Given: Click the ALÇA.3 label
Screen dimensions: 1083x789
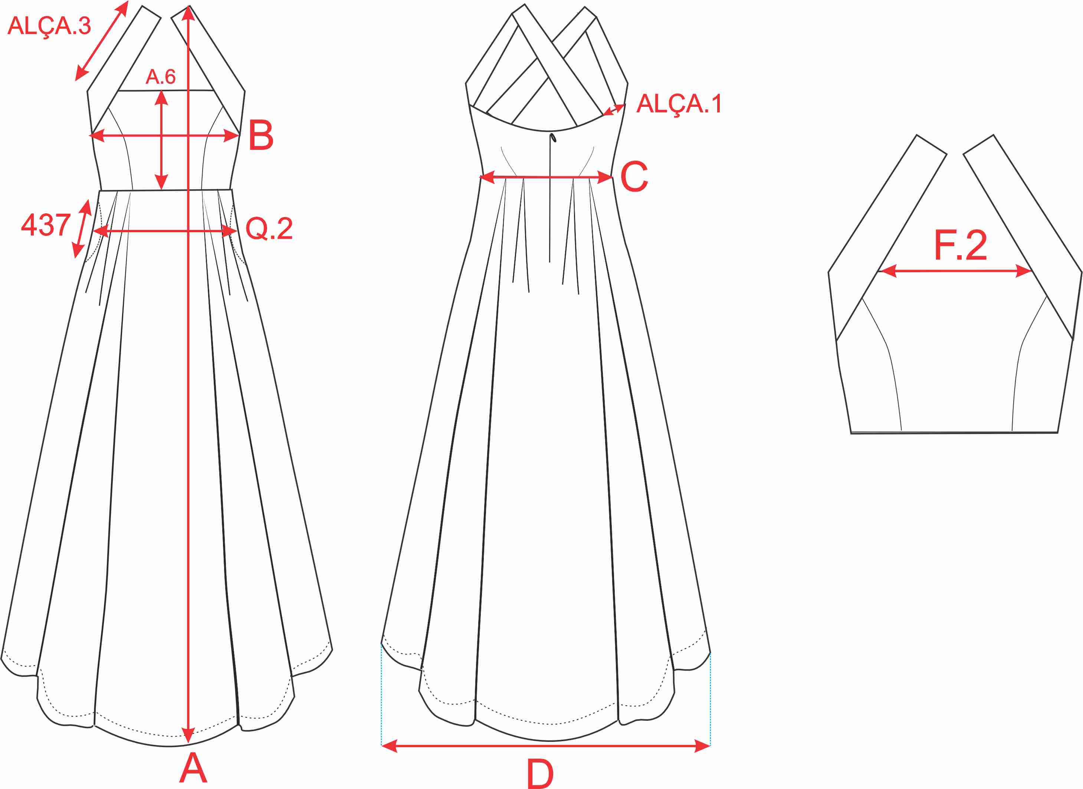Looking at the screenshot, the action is pos(49,26).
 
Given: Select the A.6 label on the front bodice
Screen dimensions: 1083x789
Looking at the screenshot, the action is pos(161,77).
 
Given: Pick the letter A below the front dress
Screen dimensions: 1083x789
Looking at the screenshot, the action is pos(193,767).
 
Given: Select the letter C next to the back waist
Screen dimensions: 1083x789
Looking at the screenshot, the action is pos(634,177).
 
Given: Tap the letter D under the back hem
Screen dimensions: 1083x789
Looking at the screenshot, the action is pos(540,774).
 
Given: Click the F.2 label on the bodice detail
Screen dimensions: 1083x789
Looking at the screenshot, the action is pos(960,245).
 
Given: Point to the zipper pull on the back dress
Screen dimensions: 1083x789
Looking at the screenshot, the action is pos(553,138).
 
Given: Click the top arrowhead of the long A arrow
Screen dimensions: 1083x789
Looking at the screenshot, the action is pos(189,13).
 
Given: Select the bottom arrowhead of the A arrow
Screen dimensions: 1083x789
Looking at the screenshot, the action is pos(189,736).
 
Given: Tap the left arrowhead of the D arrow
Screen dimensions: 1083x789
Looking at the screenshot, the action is pos(390,746).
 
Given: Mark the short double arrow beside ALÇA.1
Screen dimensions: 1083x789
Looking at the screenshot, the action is pos(614,109).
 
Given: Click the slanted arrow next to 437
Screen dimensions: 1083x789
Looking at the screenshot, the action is pos(82,229).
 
